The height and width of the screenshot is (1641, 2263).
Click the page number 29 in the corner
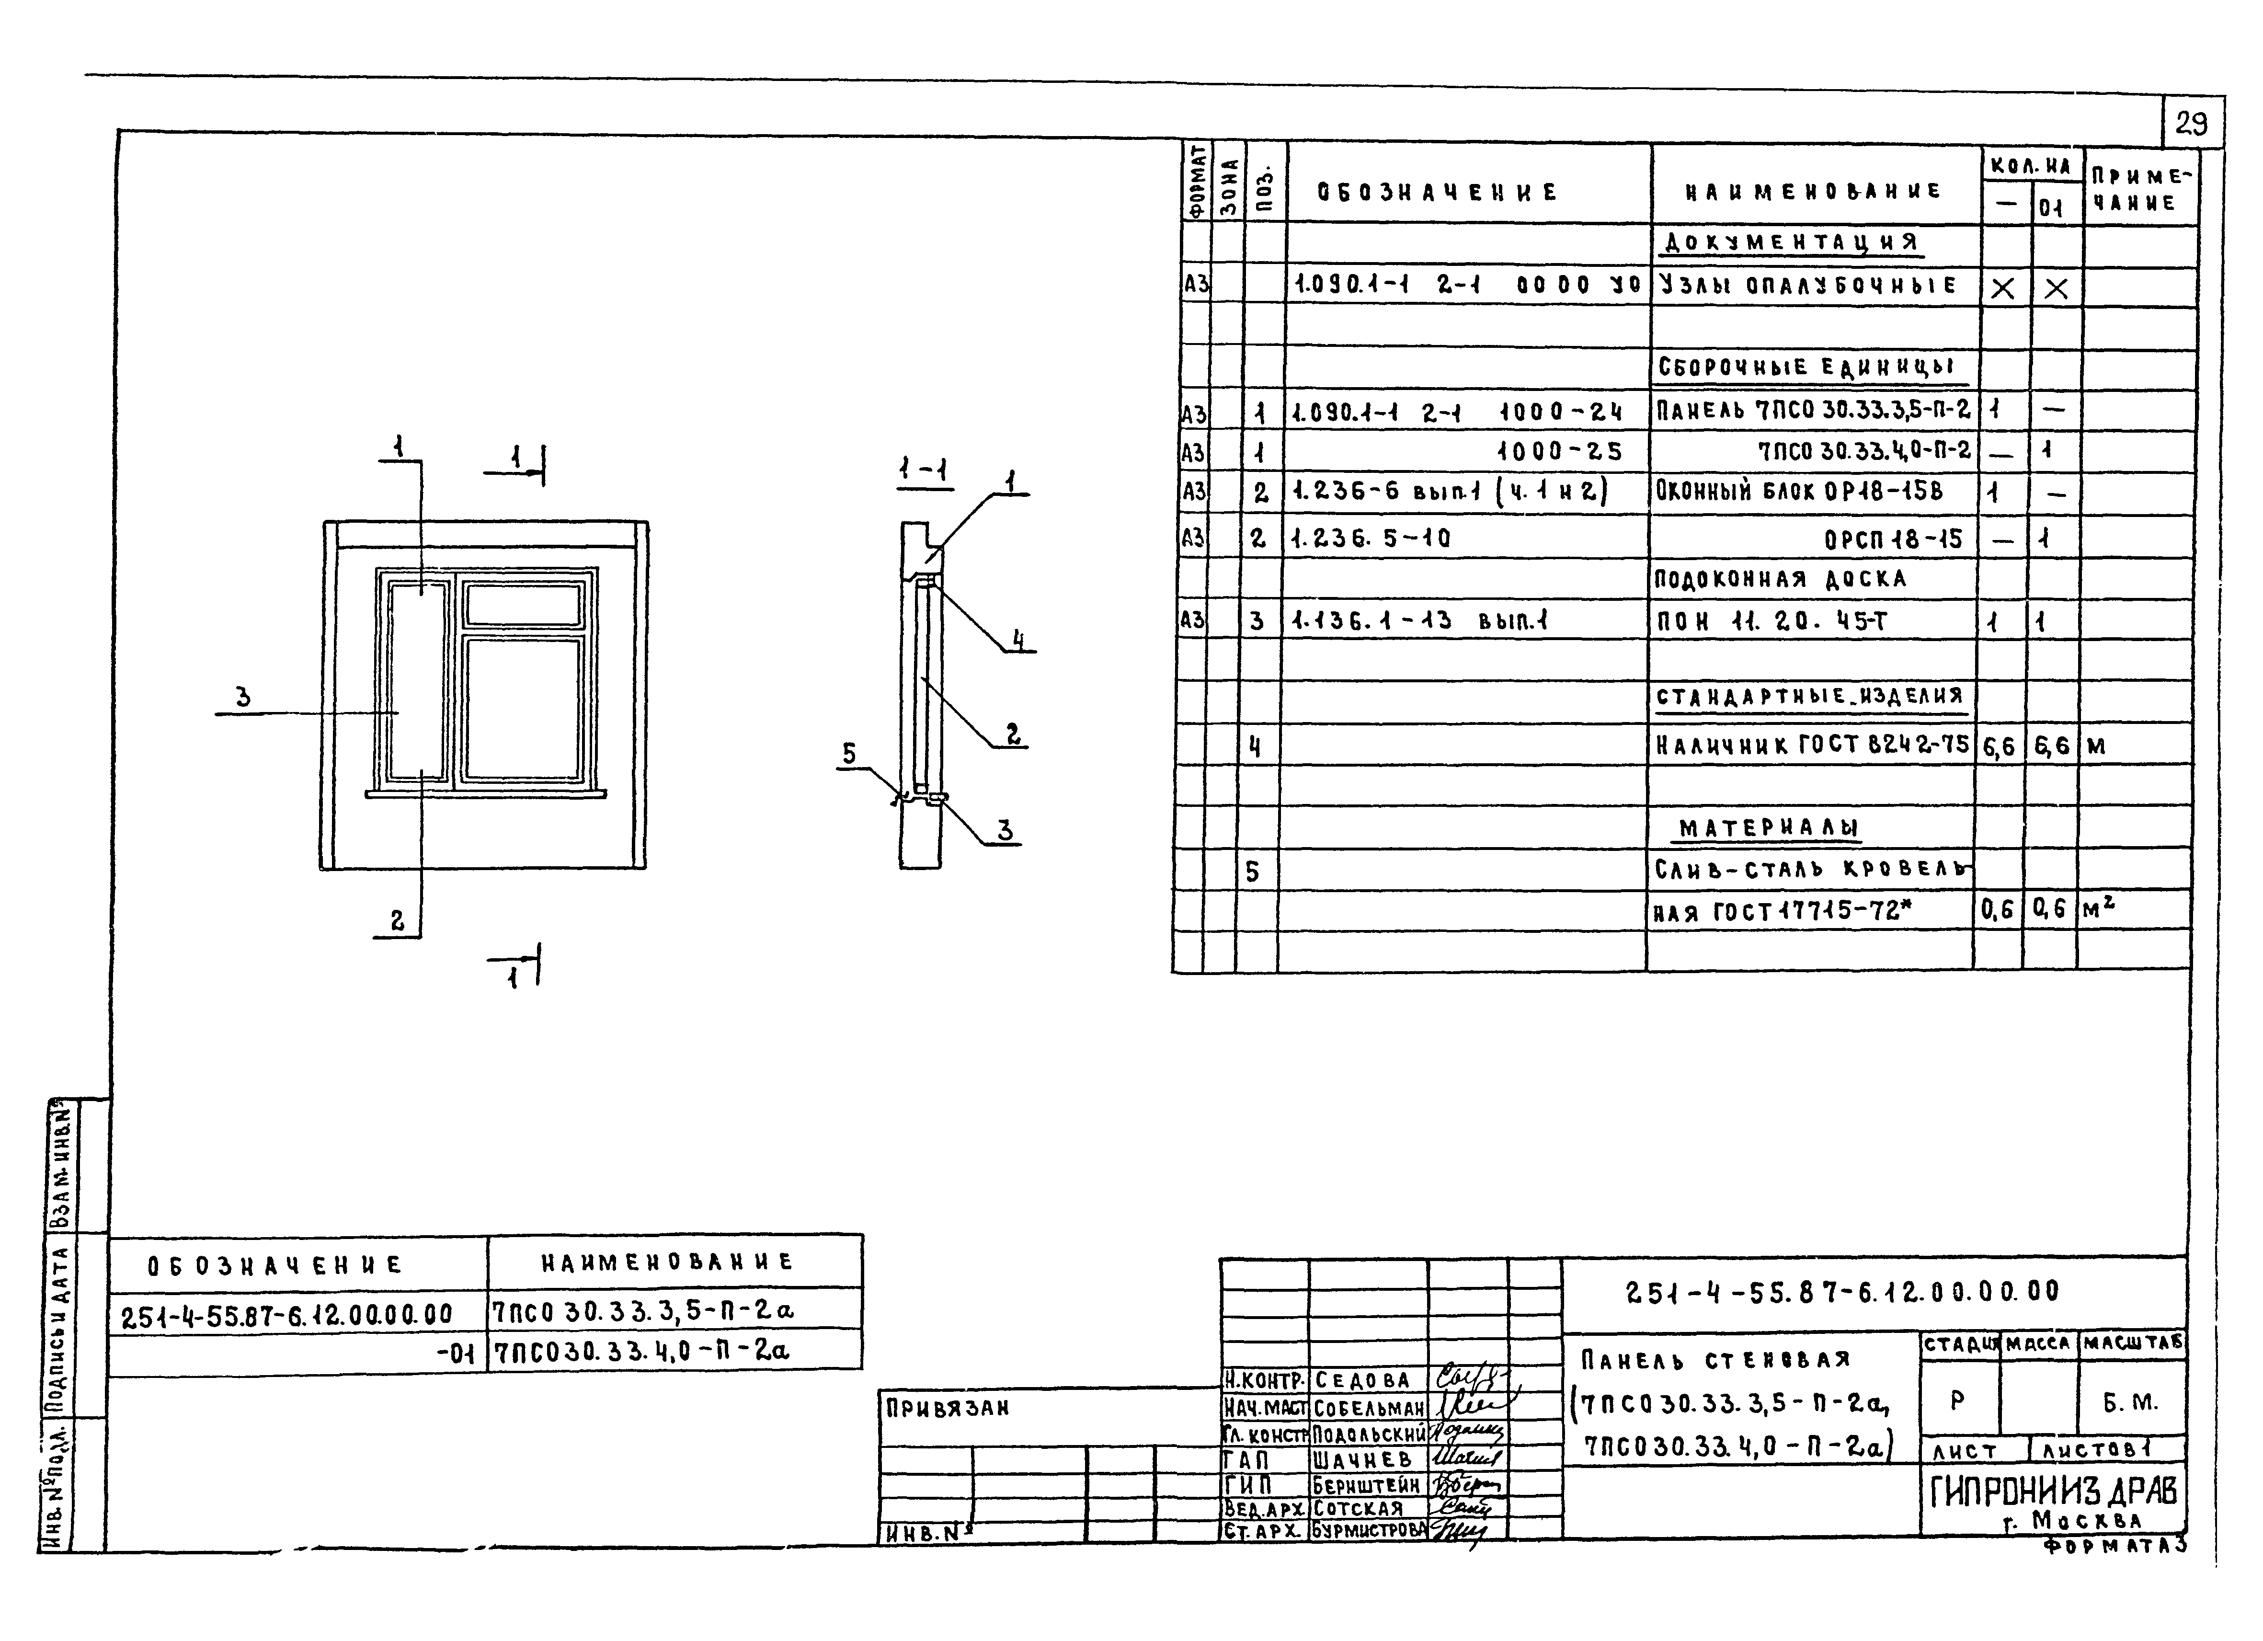pos(2192,124)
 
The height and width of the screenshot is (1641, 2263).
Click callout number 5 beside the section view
pos(849,754)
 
